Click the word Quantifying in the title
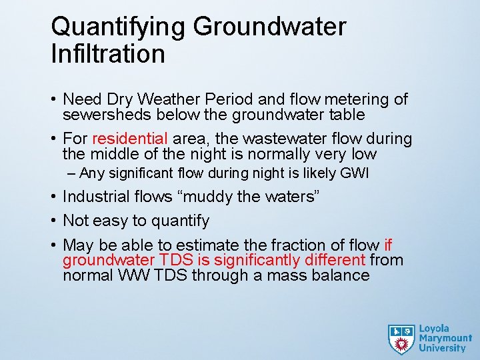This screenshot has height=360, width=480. click(117, 27)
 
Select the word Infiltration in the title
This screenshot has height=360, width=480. click(108, 54)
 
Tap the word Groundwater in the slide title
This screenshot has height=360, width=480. click(269, 27)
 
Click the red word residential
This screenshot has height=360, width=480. click(131, 139)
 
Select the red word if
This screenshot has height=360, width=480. click(389, 245)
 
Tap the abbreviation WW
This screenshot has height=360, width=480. click(136, 275)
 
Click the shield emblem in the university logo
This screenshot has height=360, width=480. click(401, 338)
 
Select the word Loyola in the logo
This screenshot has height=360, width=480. click(434, 329)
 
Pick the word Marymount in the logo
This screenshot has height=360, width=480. click(445, 339)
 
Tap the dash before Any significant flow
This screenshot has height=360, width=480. click(72, 174)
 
